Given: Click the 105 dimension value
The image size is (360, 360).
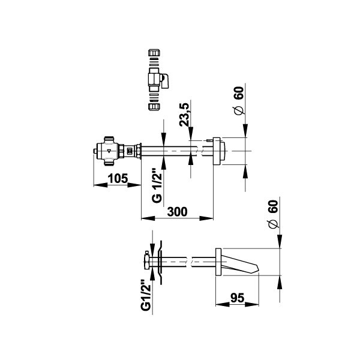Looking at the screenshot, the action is (118, 178).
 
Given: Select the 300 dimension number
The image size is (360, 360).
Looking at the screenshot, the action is (177, 212).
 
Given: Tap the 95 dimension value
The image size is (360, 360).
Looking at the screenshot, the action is (237, 298).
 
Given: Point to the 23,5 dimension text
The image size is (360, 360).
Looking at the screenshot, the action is (184, 115).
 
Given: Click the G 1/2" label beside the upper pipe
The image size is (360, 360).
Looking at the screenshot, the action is (157, 185).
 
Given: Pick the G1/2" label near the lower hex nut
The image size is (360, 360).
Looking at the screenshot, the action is (146, 295).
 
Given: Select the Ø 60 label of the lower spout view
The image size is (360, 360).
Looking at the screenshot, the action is (273, 214).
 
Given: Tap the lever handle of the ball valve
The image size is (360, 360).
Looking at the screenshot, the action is (165, 81).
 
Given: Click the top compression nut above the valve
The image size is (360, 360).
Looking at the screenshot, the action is (154, 53).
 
